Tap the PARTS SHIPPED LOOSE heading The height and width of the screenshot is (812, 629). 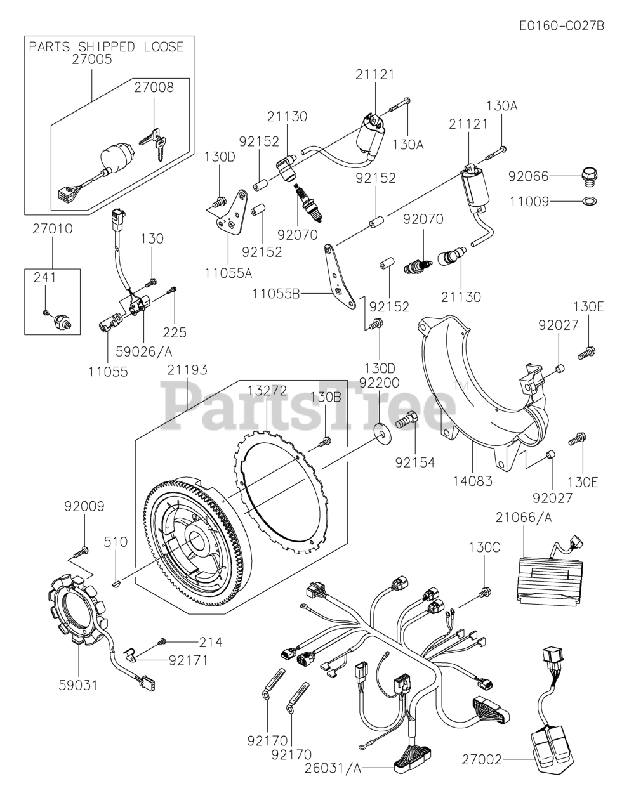click(x=107, y=47)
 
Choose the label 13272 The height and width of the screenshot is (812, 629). click(x=267, y=390)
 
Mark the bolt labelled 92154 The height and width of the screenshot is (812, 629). click(x=406, y=420)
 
